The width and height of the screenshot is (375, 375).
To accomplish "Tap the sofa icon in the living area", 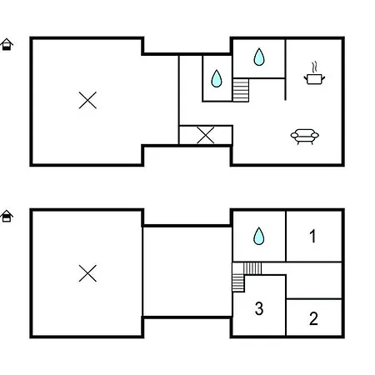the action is click(x=305, y=137).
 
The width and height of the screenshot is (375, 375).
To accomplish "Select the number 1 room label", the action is click(x=312, y=236).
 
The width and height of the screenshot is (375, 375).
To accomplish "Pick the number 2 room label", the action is click(x=313, y=318).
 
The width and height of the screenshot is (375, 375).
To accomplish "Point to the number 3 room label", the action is click(x=259, y=308).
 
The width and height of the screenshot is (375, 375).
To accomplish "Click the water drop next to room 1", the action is click(x=259, y=236).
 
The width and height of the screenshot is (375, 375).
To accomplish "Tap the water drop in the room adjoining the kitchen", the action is click(x=259, y=57).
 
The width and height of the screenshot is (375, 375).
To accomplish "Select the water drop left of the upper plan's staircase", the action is click(x=217, y=78).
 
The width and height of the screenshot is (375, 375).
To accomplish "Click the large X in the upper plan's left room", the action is click(x=87, y=100).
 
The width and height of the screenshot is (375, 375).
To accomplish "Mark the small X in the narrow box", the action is click(x=206, y=135).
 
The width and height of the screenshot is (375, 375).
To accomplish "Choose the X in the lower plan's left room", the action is click(x=87, y=273).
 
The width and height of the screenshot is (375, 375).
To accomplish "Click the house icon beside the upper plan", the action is click(x=7, y=44).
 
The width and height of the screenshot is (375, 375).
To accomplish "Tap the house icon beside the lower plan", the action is click(x=7, y=216).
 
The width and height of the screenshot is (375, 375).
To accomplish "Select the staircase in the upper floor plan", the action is click(x=241, y=90).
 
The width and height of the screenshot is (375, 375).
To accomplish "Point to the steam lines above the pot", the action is click(x=314, y=67).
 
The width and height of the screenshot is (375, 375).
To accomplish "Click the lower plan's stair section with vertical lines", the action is click(x=252, y=268).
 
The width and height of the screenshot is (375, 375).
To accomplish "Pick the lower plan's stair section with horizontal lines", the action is click(x=238, y=282).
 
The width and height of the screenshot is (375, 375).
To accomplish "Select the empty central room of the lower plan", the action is click(x=187, y=272).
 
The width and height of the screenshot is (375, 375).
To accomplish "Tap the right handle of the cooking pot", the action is click(x=323, y=78).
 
